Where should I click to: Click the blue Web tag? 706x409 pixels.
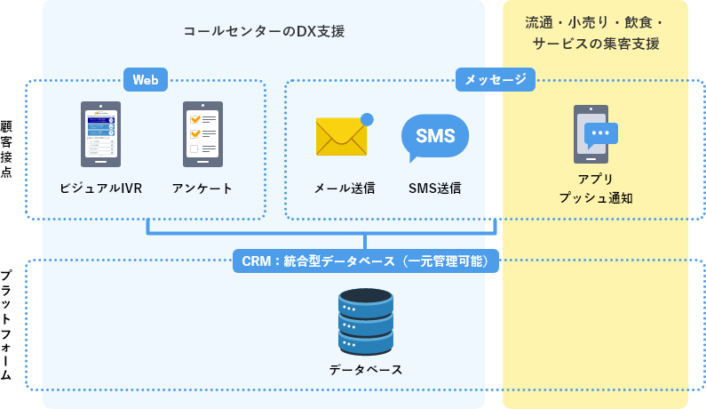click(145, 80)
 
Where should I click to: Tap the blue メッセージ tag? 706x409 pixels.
click(496, 80)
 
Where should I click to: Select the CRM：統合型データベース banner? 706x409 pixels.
click(366, 261)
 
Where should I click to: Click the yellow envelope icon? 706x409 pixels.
click(341, 136)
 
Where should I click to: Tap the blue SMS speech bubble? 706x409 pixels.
click(434, 137)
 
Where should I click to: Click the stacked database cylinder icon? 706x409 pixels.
click(365, 320)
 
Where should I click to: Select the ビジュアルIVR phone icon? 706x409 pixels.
click(100, 134)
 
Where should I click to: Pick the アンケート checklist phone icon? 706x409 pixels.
click(202, 134)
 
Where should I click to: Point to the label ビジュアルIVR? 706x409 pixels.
click(100, 188)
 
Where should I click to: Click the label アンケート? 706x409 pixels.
click(202, 188)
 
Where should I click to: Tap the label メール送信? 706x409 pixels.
click(344, 188)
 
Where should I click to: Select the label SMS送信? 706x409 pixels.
click(434, 188)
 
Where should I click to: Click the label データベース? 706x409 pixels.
click(365, 369)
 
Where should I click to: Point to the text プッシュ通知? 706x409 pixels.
click(595, 197)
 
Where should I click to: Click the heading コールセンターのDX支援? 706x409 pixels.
click(264, 31)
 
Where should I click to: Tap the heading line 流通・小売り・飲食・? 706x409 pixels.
click(595, 21)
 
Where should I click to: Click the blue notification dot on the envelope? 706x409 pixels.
click(367, 119)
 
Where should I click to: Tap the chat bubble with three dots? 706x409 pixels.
click(602, 133)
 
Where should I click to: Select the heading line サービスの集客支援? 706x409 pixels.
click(595, 44)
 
